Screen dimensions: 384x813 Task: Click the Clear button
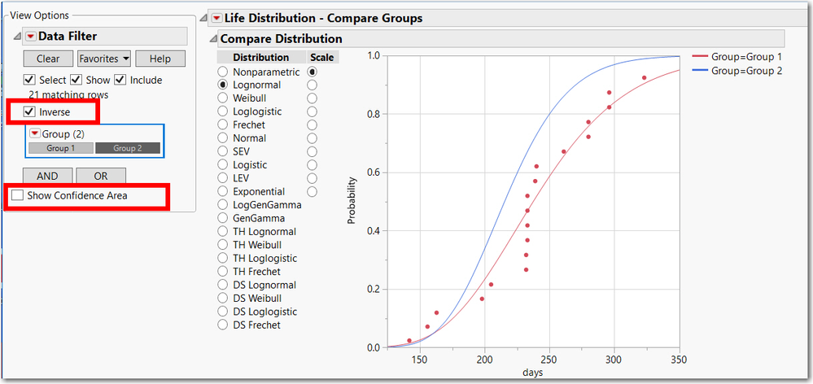pos(48,59)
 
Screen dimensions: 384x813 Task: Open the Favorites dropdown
pos(104,59)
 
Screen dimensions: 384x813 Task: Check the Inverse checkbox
pos(30,111)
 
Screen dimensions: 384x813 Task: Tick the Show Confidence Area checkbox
pos(18,195)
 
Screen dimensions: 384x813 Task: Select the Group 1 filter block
pos(60,148)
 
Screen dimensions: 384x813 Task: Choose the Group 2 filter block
pos(127,148)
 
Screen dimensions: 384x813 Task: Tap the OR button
pos(101,176)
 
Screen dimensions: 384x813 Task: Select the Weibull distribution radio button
pos(222,98)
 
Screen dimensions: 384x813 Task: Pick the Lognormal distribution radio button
pos(222,85)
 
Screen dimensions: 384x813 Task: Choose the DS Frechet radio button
pos(222,325)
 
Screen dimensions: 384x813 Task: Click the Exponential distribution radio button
pos(222,192)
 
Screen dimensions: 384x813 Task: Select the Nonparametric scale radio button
pos(312,72)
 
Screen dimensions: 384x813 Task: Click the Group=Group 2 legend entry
pos(746,71)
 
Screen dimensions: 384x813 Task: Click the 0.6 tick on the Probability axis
pos(374,172)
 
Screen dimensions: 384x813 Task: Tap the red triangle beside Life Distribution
pos(216,18)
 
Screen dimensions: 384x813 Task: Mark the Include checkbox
pos(120,80)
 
